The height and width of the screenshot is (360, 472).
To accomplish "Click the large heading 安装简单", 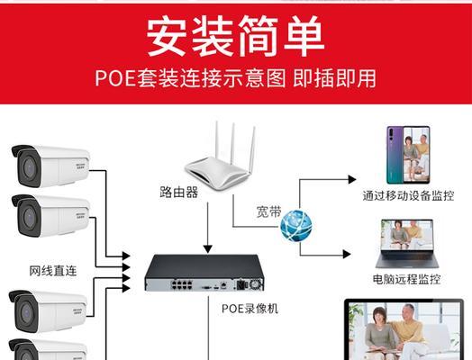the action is tap(235, 36).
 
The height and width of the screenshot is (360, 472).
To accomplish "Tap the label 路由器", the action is tap(179, 192).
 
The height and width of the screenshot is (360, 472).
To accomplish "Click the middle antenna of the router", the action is tap(233, 145).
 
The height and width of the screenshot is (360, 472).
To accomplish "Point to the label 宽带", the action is tap(268, 211).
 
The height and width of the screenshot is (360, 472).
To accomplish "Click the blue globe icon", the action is tap(296, 226).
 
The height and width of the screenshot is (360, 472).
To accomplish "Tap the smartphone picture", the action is tap(408, 155).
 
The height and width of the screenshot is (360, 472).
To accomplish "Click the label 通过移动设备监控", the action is tap(408, 196).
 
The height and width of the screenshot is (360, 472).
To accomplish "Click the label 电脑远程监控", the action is tap(406, 279).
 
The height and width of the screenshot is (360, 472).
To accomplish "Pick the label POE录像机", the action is tap(250, 309).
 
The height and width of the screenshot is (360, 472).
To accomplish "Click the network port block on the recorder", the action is tap(182, 284).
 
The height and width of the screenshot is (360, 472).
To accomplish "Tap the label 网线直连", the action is tap(53, 271).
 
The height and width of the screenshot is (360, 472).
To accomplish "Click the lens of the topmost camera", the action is tap(29, 167).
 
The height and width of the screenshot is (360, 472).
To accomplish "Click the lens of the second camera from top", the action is tap(29, 216).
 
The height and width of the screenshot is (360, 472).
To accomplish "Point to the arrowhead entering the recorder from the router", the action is tap(208, 249).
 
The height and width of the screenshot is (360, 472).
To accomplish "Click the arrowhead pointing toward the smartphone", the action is tap(352, 179).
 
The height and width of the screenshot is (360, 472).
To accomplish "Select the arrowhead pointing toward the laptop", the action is tap(347, 254).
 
